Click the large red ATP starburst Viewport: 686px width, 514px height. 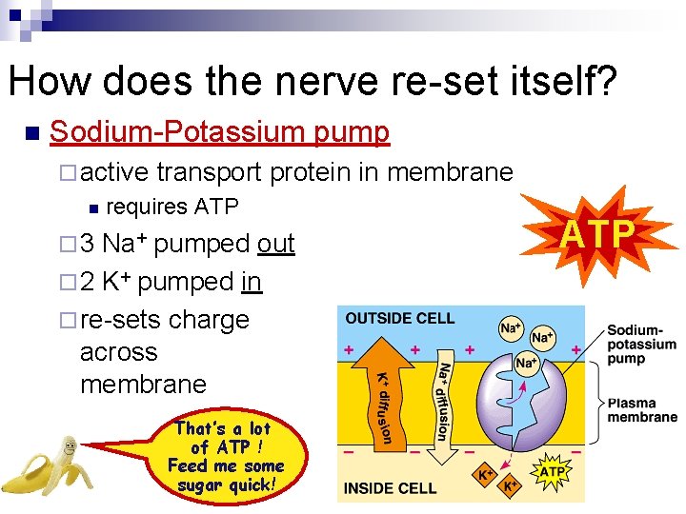(x=596, y=232)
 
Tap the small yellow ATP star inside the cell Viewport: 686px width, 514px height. (x=552, y=471)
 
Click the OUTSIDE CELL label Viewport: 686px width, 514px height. (x=400, y=318)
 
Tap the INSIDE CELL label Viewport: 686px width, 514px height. (x=391, y=488)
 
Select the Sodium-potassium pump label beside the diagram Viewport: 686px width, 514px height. (x=641, y=344)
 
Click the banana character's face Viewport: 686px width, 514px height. (x=68, y=446)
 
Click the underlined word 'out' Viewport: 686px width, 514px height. (x=276, y=244)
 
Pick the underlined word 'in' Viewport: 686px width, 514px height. (x=252, y=282)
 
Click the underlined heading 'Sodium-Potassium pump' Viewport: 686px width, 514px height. (x=219, y=132)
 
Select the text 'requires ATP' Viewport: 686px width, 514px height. (x=171, y=207)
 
